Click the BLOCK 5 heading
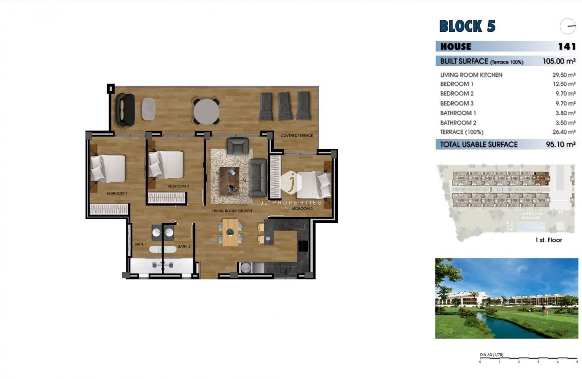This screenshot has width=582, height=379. (467, 26)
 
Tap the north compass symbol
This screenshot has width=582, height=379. (567, 26)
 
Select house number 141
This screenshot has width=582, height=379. (567, 46)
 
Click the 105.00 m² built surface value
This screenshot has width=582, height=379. (559, 61)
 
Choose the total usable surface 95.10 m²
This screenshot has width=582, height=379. (561, 144)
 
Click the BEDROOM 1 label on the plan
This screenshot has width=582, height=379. (117, 193)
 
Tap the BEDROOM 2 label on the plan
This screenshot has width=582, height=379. (178, 186)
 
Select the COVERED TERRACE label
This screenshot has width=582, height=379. (297, 135)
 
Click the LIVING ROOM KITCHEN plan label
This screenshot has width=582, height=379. (232, 211)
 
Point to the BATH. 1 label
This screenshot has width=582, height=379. (140, 244)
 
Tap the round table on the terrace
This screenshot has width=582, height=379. (206, 110)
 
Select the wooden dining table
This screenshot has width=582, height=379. (230, 232)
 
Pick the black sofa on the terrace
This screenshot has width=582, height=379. (125, 109)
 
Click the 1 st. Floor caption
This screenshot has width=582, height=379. (548, 240)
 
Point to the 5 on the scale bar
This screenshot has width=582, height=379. (577, 362)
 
